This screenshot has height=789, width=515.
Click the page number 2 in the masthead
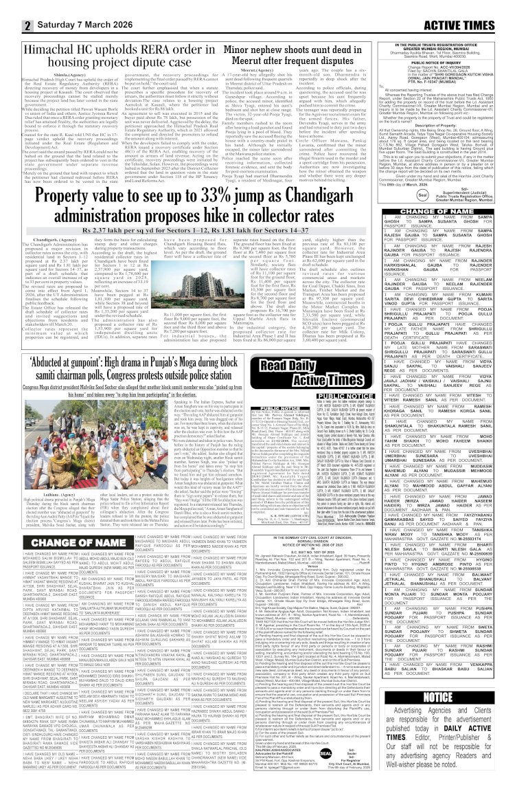pyautogui.click(x=10, y=9)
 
